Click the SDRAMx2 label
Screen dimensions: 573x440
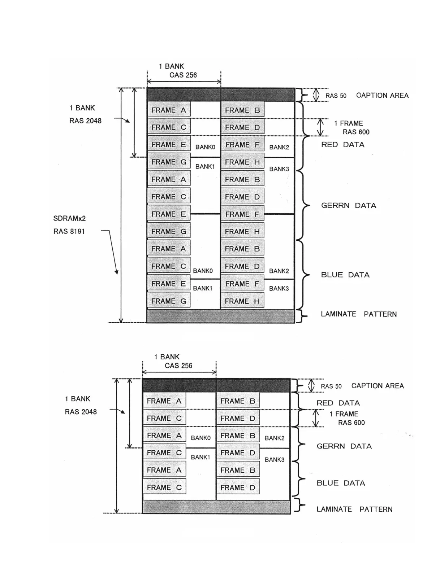pos(69,218)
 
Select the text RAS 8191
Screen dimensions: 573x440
pos(69,231)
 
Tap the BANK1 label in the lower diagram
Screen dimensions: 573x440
pos(200,457)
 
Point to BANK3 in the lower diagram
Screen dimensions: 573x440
pos(275,460)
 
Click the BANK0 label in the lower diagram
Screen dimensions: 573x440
pos(200,438)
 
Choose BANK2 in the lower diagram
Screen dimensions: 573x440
pos(275,438)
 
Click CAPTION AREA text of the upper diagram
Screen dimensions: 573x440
pos(382,96)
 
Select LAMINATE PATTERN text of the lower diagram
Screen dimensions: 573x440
pos(354,509)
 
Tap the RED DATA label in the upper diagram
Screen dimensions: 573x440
pos(343,145)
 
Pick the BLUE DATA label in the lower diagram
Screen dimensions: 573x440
pos(341,483)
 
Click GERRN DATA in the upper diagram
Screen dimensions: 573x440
pos(349,206)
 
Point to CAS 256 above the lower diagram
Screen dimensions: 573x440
pos(178,366)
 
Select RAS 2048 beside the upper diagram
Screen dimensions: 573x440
pos(85,121)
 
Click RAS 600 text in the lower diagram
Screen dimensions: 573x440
pos(351,423)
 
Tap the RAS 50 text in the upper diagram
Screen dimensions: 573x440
pos(336,96)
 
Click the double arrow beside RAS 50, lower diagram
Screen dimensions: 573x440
pos(311,385)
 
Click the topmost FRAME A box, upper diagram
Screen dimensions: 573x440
pos(169,110)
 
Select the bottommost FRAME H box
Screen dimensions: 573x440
pos(242,301)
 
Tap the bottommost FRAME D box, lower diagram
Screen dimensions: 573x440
pos(238,487)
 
